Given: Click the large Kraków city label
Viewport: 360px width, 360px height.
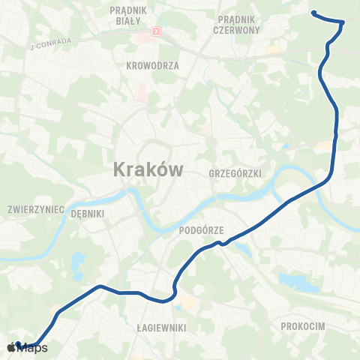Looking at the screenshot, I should [x=148, y=169].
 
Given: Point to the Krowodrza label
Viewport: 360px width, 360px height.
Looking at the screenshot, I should [x=153, y=65].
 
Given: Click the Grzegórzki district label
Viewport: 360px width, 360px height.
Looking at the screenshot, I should [x=236, y=173].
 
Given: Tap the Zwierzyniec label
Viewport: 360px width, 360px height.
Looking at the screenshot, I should [x=35, y=208].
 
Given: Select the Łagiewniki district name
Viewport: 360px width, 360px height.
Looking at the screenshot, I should [x=161, y=328].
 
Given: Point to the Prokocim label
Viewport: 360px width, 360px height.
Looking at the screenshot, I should [x=302, y=326].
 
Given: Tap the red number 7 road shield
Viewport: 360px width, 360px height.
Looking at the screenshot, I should [x=155, y=31].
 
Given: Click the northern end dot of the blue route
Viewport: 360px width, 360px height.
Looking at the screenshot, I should [x=313, y=13].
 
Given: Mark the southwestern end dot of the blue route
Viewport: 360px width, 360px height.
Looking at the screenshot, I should [x=18, y=344].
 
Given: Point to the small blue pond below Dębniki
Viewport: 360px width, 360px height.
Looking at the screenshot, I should [x=78, y=262].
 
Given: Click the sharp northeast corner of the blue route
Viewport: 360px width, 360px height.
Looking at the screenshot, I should [x=343, y=22].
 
